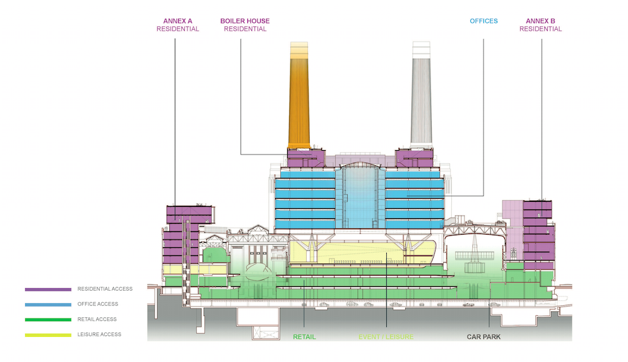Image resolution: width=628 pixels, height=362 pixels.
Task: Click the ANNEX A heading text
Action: (x=177, y=21)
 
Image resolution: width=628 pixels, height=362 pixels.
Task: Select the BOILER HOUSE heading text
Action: (x=245, y=21)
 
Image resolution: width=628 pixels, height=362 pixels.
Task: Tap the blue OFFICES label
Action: (x=483, y=21)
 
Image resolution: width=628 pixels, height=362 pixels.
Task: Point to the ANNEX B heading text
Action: (x=540, y=21)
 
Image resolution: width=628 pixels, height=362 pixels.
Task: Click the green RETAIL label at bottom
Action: (x=304, y=337)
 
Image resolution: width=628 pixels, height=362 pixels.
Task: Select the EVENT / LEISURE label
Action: (x=386, y=337)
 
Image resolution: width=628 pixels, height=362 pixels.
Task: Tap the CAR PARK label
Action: (x=483, y=337)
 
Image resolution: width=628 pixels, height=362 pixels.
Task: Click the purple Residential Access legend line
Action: (x=48, y=289)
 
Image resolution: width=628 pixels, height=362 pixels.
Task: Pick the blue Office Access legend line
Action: (x=48, y=305)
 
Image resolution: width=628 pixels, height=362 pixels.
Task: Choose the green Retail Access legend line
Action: (x=48, y=320)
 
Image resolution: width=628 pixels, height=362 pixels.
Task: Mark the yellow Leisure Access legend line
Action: (x=48, y=335)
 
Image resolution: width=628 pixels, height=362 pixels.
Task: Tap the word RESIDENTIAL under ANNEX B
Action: (x=540, y=29)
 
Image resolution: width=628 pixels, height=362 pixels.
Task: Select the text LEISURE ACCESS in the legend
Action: (x=99, y=334)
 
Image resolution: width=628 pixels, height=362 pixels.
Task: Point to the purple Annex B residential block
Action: (x=538, y=233)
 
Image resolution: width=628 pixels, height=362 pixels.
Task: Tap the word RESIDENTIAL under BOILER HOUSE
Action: (x=245, y=29)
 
